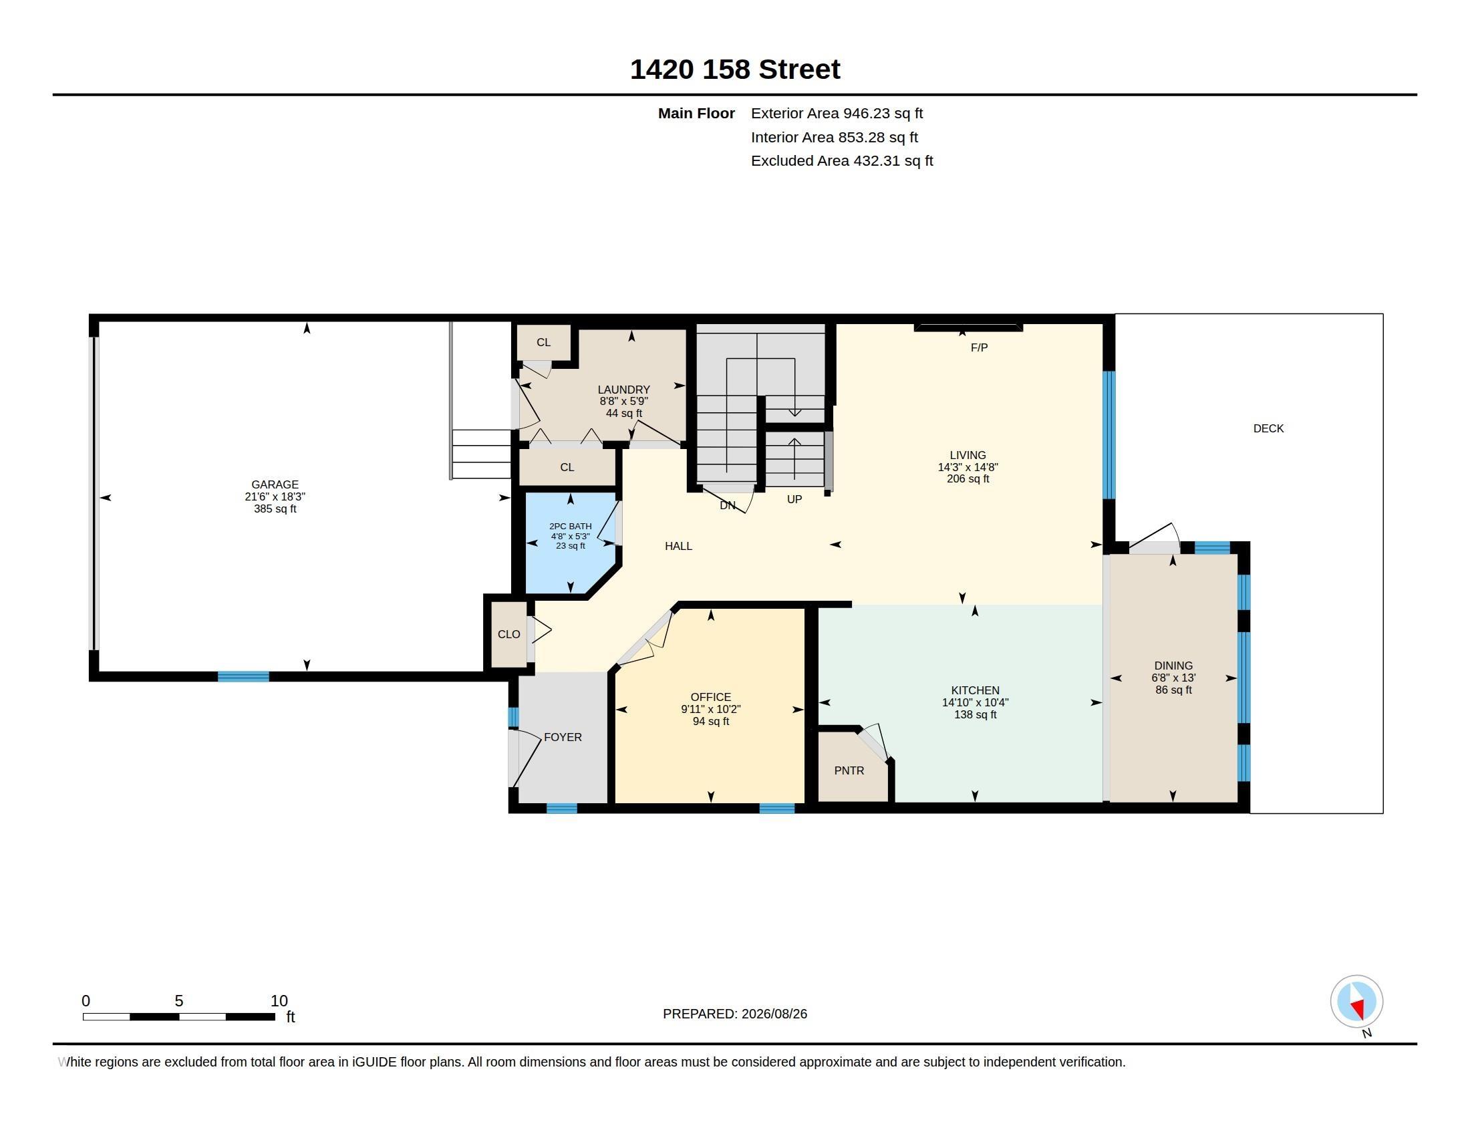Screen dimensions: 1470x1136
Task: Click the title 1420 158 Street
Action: pyautogui.click(x=735, y=69)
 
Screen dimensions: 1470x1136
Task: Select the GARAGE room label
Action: pyautogui.click(x=275, y=484)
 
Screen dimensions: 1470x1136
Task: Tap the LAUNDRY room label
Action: pyautogui.click(x=624, y=390)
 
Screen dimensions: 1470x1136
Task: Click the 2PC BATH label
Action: pyautogui.click(x=570, y=527)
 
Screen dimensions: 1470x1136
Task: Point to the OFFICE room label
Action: pyautogui.click(x=711, y=697)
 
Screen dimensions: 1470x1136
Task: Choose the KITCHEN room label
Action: pyautogui.click(x=976, y=690)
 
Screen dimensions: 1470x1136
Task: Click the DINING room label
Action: pyautogui.click(x=1173, y=666)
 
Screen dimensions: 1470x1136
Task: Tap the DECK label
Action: pyautogui.click(x=1268, y=429)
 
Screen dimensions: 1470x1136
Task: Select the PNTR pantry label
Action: pyautogui.click(x=849, y=770)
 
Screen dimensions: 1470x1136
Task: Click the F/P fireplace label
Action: pyautogui.click(x=980, y=348)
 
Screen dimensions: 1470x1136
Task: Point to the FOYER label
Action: pyautogui.click(x=563, y=737)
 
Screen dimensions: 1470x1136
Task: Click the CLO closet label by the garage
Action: pyautogui.click(x=509, y=634)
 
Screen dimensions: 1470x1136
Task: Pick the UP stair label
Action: pyautogui.click(x=794, y=499)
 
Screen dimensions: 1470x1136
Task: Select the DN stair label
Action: pyautogui.click(x=727, y=505)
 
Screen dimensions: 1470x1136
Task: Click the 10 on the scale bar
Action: pyautogui.click(x=279, y=1001)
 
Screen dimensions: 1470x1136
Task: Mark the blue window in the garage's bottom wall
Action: pyautogui.click(x=244, y=676)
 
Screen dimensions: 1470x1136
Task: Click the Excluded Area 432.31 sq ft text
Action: pyautogui.click(x=842, y=161)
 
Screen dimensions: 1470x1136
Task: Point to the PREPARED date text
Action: pyautogui.click(x=735, y=1014)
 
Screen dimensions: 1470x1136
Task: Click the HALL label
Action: pyautogui.click(x=678, y=546)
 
